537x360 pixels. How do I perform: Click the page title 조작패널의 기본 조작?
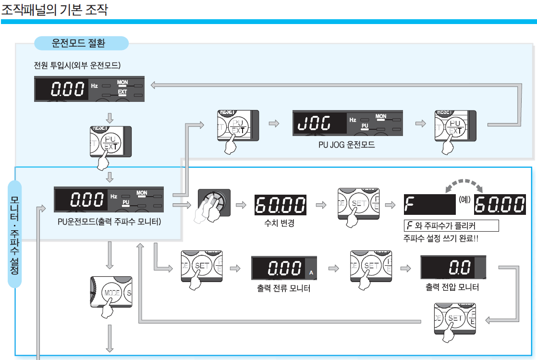tap(54, 10)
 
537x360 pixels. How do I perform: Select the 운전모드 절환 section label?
tap(81, 43)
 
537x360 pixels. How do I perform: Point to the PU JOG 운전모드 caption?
tap(346, 144)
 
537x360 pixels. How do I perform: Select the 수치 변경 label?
tap(280, 223)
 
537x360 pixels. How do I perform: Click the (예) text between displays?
tap(464, 199)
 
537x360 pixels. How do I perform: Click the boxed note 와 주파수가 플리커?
tap(451, 226)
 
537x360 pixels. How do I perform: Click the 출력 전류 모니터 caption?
tap(283, 288)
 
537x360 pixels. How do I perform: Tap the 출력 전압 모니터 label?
tap(452, 287)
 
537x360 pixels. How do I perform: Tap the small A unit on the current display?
tap(311, 273)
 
